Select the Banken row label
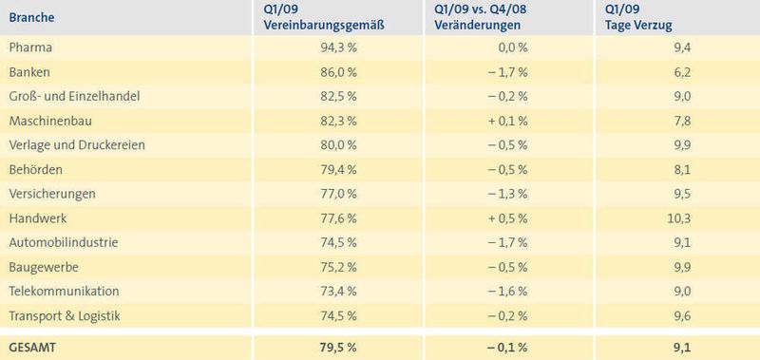coord(28,71)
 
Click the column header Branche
coord(31,16)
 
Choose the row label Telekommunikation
coord(63,291)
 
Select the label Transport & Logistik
coord(64,315)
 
